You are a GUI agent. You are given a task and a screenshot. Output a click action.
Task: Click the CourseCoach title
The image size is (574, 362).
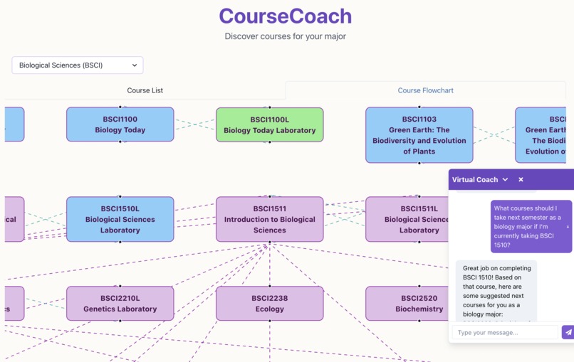[x=285, y=16]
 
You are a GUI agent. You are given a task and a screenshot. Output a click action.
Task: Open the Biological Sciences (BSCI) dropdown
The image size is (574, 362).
[x=78, y=65]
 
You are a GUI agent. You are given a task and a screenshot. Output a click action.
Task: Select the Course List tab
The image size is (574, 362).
[x=145, y=90]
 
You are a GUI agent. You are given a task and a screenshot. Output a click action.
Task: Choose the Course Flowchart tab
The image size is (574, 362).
[x=425, y=90]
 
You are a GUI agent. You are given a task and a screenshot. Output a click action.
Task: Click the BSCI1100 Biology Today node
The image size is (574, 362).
[x=120, y=124]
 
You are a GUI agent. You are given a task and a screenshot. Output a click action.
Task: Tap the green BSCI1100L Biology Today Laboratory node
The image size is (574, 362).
[x=269, y=125]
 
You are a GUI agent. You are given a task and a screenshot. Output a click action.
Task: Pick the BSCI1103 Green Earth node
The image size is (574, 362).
[x=419, y=135]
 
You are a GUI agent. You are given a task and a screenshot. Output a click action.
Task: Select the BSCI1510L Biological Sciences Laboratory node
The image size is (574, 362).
[x=120, y=219]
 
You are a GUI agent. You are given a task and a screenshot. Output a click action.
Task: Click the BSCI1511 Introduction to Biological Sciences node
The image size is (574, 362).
[x=269, y=219]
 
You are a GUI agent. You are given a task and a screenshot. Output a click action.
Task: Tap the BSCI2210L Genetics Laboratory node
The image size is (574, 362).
[x=120, y=304]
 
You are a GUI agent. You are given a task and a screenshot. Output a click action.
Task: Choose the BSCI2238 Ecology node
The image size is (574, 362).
[x=269, y=304]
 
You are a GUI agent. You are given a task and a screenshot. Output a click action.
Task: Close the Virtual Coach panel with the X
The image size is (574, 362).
[x=521, y=180]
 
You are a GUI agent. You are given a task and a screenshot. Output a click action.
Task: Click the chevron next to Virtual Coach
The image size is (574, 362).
[x=505, y=180]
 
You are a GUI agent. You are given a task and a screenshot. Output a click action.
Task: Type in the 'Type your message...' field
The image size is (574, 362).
[x=505, y=332]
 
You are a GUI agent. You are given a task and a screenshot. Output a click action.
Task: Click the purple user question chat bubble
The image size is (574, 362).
[x=531, y=226]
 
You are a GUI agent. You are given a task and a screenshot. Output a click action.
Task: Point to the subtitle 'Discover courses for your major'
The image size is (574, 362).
[x=285, y=36]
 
